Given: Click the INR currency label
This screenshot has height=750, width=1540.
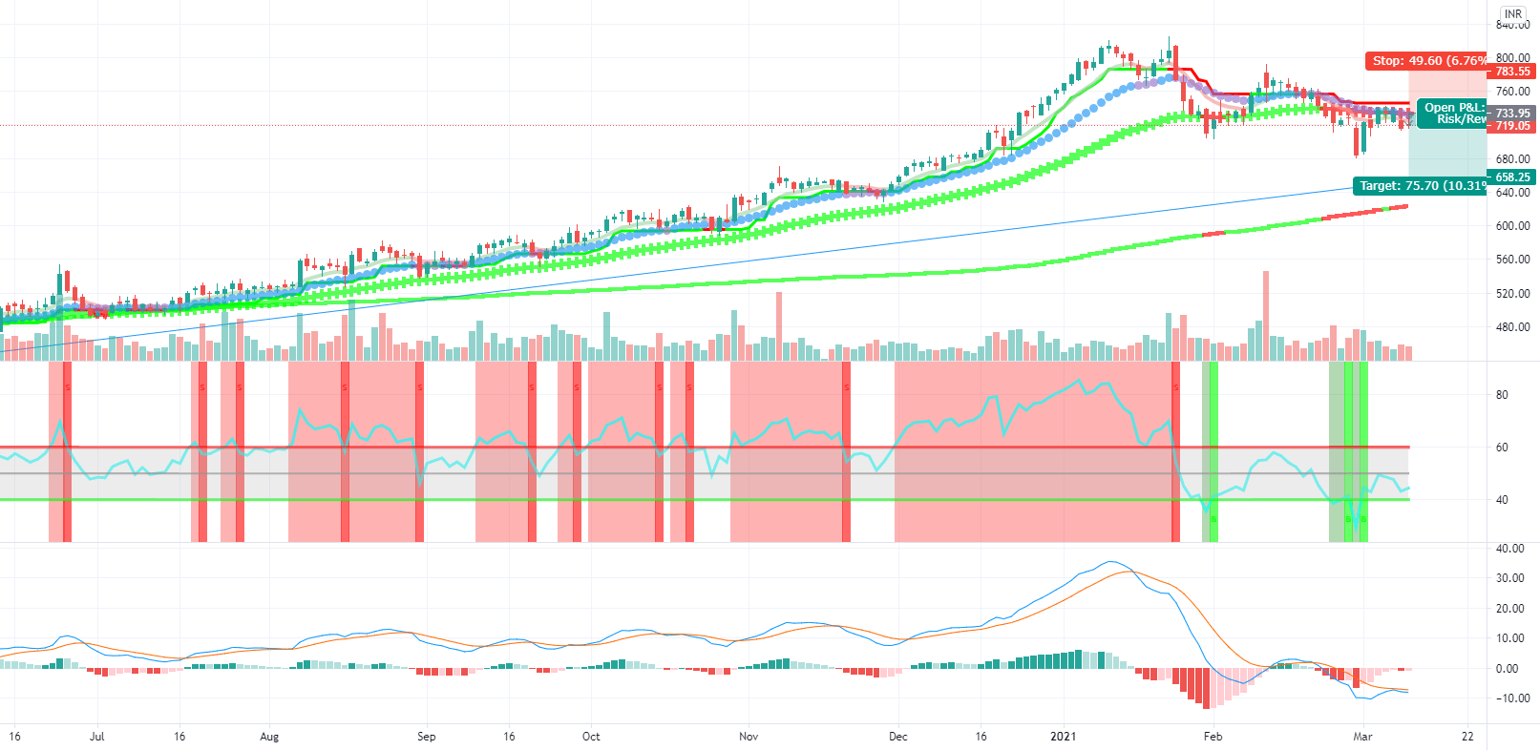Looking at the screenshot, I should (1513, 13).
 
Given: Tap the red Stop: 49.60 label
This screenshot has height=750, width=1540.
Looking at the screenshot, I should (1426, 60).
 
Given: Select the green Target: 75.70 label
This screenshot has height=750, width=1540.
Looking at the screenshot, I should (1420, 185).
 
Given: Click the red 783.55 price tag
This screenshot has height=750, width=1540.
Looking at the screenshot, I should (1512, 72).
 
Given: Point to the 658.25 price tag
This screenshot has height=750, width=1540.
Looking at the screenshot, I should (1512, 177).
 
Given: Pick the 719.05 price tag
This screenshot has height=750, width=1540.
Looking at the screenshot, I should (1512, 126).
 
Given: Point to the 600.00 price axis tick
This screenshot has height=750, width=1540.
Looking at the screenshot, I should (1512, 226).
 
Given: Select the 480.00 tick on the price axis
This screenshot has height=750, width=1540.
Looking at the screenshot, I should (1512, 327).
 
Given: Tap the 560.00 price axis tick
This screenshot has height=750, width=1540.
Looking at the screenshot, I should (1512, 260).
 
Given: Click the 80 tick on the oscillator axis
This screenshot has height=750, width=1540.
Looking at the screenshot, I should (1502, 395).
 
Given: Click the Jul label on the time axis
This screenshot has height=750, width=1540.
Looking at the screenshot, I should (96, 737).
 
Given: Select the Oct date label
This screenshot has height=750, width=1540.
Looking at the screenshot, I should (591, 737).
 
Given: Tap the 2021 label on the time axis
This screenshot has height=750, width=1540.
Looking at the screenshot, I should (1063, 737).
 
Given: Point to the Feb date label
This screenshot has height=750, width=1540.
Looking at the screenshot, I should (1213, 737).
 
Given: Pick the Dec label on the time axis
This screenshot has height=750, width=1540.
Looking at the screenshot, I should (897, 737).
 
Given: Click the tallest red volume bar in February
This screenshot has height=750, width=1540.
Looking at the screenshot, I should (1266, 315).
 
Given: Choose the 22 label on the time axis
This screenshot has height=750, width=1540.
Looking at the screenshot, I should (1467, 737).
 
